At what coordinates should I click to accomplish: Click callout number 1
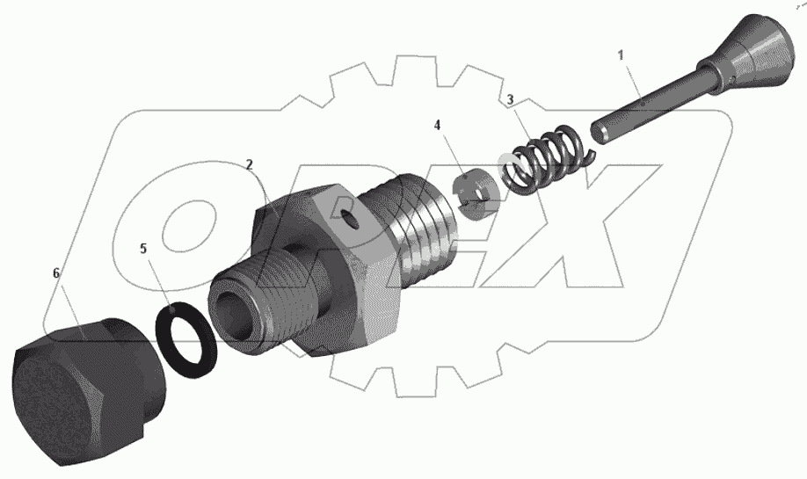[x=622, y=54]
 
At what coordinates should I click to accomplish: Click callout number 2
[x=250, y=164]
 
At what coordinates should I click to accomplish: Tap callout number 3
[x=509, y=99]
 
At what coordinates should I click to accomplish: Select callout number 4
[x=437, y=126]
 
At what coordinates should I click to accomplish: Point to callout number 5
[x=145, y=248]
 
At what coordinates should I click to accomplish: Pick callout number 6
[x=55, y=274]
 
